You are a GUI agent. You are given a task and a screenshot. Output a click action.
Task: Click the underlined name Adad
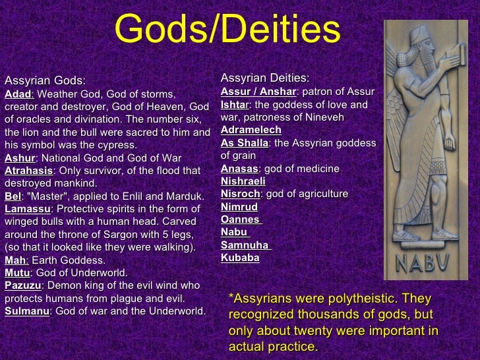click(x=18, y=94)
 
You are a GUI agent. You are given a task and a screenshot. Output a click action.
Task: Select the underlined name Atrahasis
click(x=28, y=171)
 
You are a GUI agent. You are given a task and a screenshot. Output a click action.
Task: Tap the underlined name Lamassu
click(x=27, y=209)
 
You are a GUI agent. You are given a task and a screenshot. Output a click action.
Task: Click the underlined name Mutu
click(x=17, y=272)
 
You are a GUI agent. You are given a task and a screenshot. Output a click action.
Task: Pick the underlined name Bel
click(x=12, y=196)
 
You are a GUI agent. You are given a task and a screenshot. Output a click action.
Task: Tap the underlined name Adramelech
click(x=251, y=131)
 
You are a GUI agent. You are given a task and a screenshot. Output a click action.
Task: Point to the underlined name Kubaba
click(x=240, y=258)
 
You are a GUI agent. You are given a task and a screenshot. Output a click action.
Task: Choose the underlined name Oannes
click(x=240, y=220)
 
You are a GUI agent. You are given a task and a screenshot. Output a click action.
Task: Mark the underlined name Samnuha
click(x=245, y=245)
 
